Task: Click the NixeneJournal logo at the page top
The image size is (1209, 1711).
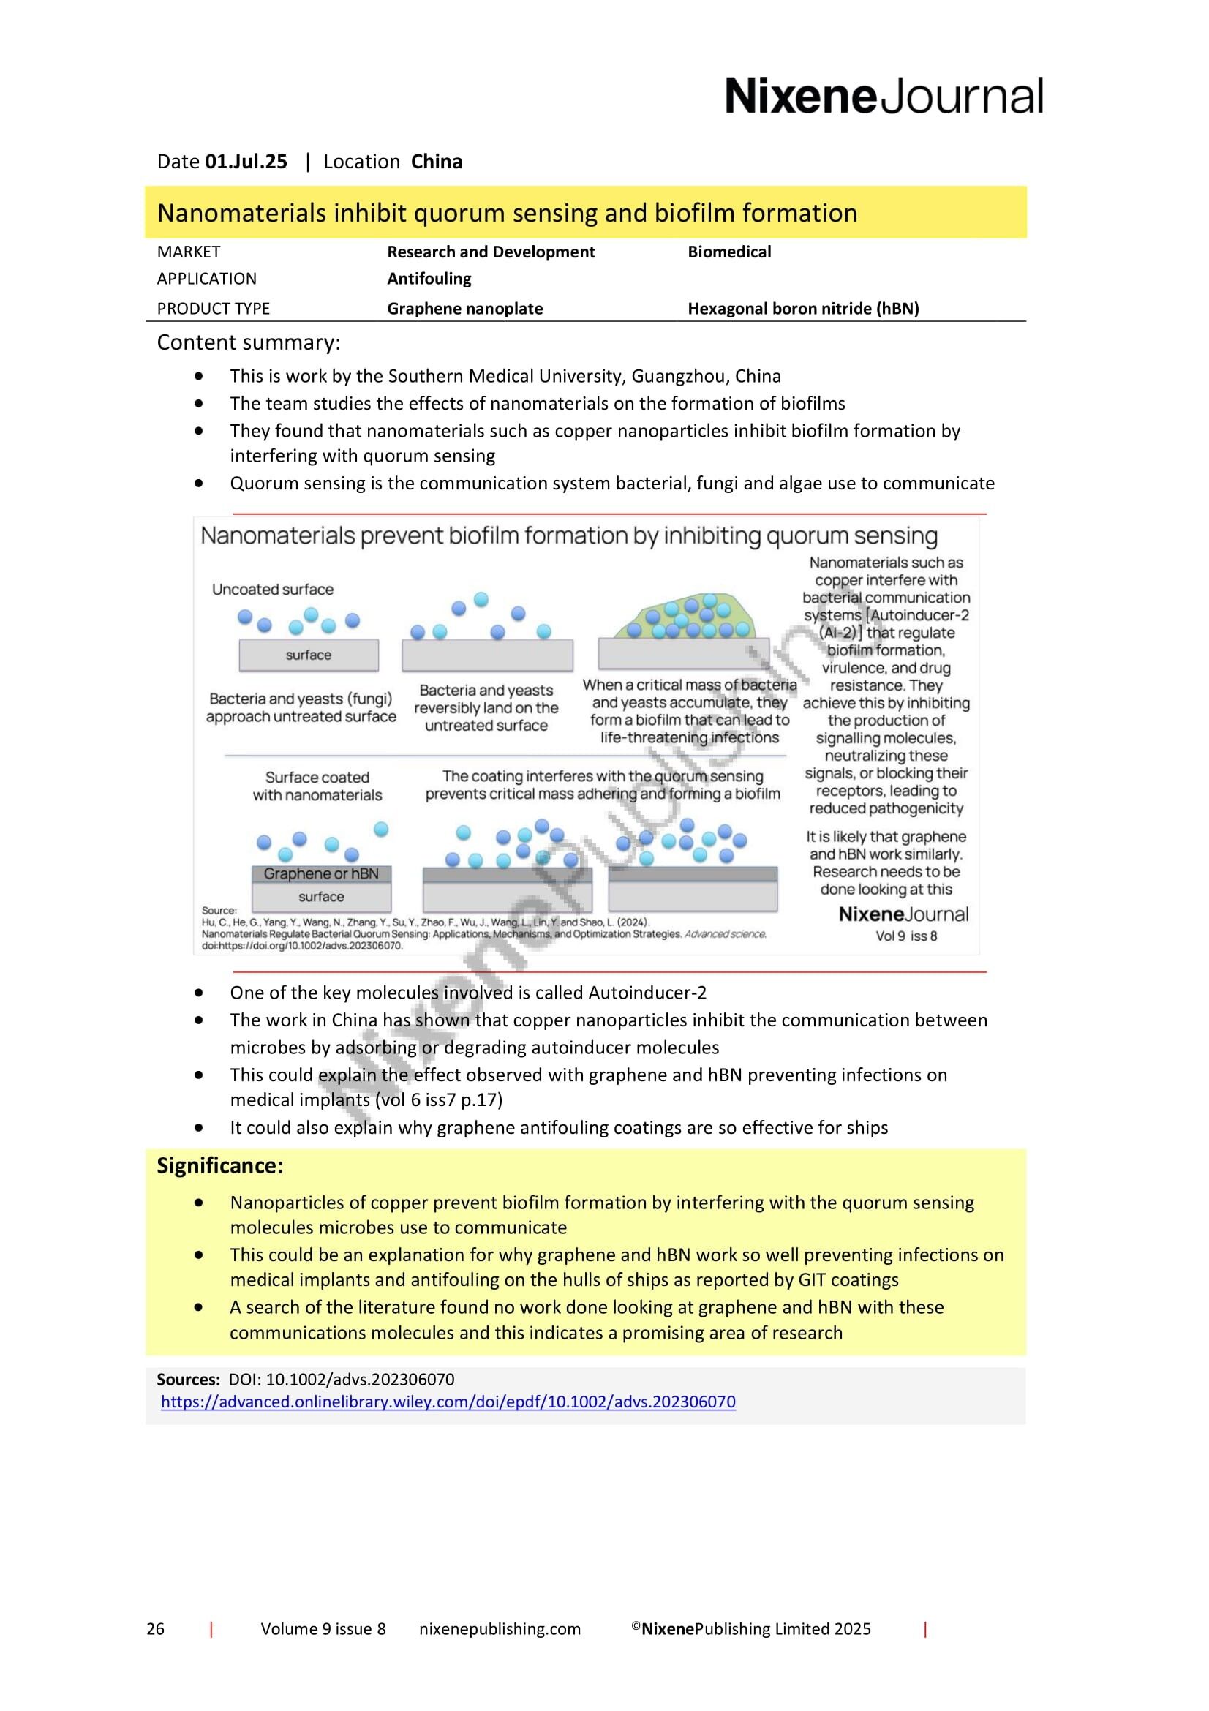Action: [884, 97]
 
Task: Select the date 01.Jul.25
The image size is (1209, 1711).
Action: [246, 162]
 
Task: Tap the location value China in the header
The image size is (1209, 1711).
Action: [437, 162]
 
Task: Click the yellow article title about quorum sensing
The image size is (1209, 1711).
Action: [507, 213]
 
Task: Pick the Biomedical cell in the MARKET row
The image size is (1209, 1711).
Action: [728, 252]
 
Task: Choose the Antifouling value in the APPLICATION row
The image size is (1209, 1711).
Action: [429, 279]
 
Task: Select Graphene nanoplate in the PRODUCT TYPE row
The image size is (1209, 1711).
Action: [465, 309]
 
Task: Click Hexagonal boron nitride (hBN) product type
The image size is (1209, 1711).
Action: [803, 309]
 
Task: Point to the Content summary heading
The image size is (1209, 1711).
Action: [248, 343]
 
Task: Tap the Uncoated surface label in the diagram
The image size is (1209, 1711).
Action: [273, 590]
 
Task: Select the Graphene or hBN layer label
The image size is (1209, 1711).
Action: [321, 873]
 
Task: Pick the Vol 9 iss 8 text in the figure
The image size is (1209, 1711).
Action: [905, 936]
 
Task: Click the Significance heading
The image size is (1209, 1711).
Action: [219, 1166]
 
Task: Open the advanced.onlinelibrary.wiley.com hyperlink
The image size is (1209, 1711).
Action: [448, 1402]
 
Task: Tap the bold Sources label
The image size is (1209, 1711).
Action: [188, 1380]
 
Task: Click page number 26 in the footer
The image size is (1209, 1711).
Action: [155, 1629]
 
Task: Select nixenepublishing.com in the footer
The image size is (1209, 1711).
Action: [500, 1629]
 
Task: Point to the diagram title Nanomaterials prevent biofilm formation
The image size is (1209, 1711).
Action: [569, 535]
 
